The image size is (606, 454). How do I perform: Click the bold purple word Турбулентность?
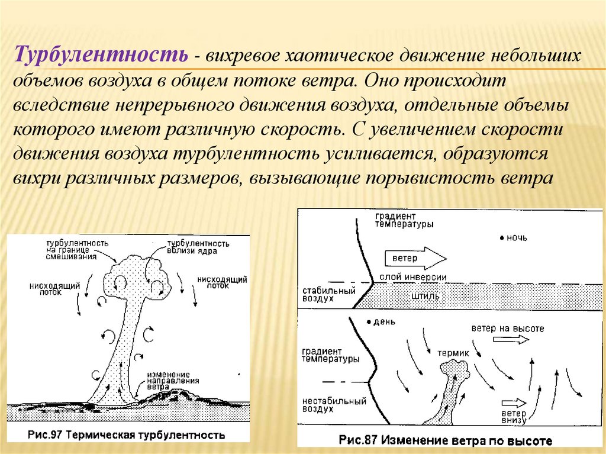[x=102, y=56]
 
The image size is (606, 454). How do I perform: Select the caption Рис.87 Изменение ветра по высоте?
[x=445, y=441]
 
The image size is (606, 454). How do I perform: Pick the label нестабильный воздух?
[x=333, y=404]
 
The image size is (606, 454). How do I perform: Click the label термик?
[x=453, y=353]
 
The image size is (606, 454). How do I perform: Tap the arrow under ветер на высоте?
[x=510, y=339]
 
